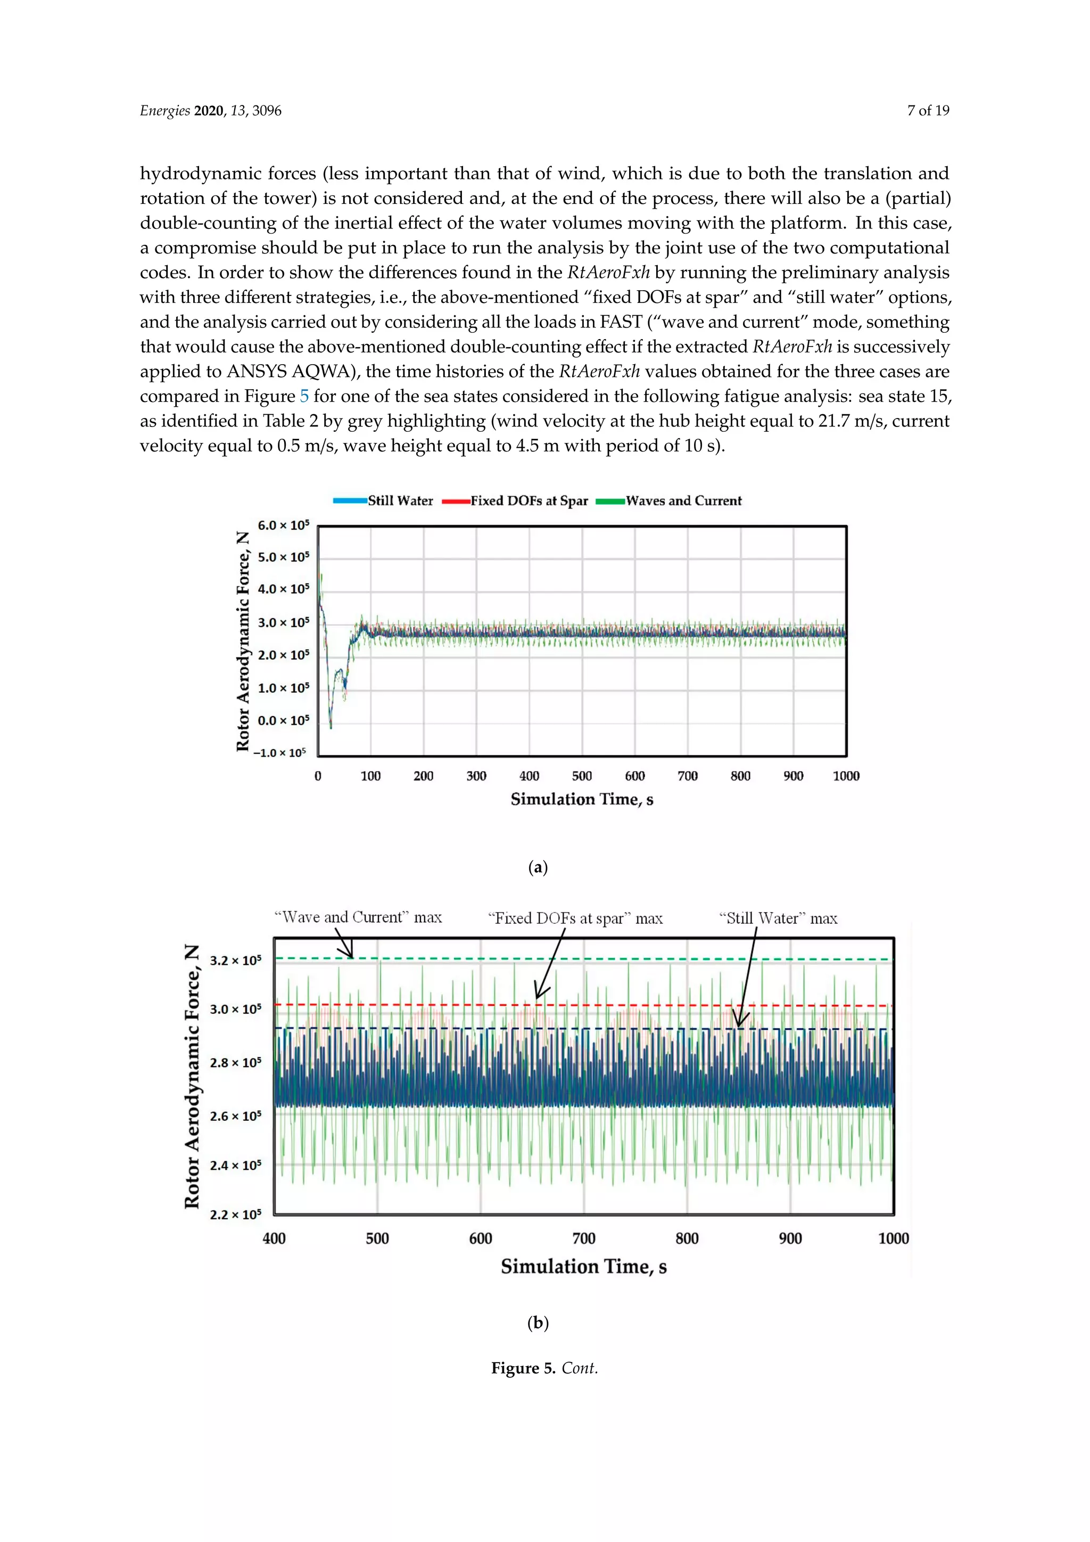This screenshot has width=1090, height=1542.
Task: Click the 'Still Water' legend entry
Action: [x=400, y=501]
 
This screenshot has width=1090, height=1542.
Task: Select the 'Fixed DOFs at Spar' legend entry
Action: [x=529, y=501]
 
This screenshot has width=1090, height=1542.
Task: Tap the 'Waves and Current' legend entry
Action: [x=683, y=501]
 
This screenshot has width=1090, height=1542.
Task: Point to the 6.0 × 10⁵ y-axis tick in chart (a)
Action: [x=283, y=525]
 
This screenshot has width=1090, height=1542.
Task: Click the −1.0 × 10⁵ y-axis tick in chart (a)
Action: [x=279, y=753]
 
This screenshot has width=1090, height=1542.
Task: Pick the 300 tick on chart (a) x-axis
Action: [x=476, y=776]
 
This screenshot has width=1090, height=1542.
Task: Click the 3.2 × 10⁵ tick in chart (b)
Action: [x=235, y=961]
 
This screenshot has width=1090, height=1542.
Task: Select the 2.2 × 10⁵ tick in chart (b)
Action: [x=235, y=1214]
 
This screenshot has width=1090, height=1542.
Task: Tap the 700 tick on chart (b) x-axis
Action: [x=583, y=1238]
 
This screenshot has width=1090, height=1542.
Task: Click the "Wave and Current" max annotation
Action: [x=358, y=917]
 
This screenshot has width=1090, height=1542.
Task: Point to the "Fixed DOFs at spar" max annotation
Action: [x=575, y=918]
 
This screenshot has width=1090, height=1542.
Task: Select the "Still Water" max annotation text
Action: [x=778, y=918]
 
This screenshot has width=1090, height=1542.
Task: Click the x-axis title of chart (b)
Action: [x=583, y=1267]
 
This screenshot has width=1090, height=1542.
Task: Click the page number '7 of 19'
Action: [x=928, y=111]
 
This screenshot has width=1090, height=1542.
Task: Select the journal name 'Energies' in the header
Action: [x=164, y=111]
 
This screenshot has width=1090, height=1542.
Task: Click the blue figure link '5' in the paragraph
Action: [x=304, y=396]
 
